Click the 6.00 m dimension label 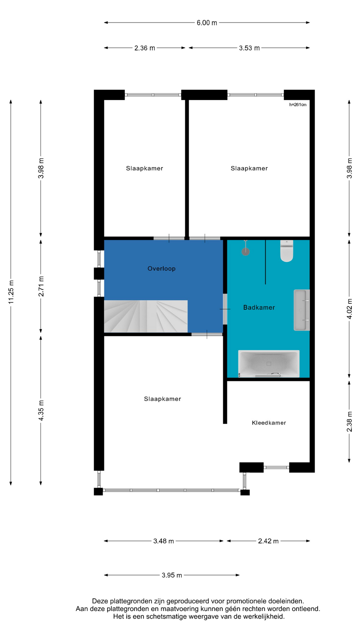click(x=207, y=23)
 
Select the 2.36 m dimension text click(x=145, y=48)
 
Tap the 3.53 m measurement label click(x=249, y=48)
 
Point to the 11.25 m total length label click(x=11, y=292)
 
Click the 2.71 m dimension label click(x=41, y=286)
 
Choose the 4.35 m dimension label click(x=41, y=410)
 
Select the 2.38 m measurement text click(x=349, y=422)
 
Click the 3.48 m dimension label click(x=164, y=541)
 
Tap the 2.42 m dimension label click(x=268, y=541)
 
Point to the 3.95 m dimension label click(x=172, y=575)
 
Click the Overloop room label click(x=162, y=269)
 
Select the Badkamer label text click(x=259, y=308)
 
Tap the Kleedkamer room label click(x=269, y=423)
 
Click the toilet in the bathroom click(x=287, y=251)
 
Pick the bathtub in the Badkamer click(x=269, y=364)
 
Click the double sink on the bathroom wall click(x=302, y=310)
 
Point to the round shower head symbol click(x=246, y=251)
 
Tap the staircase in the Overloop click(x=146, y=316)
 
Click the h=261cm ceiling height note click(x=298, y=105)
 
